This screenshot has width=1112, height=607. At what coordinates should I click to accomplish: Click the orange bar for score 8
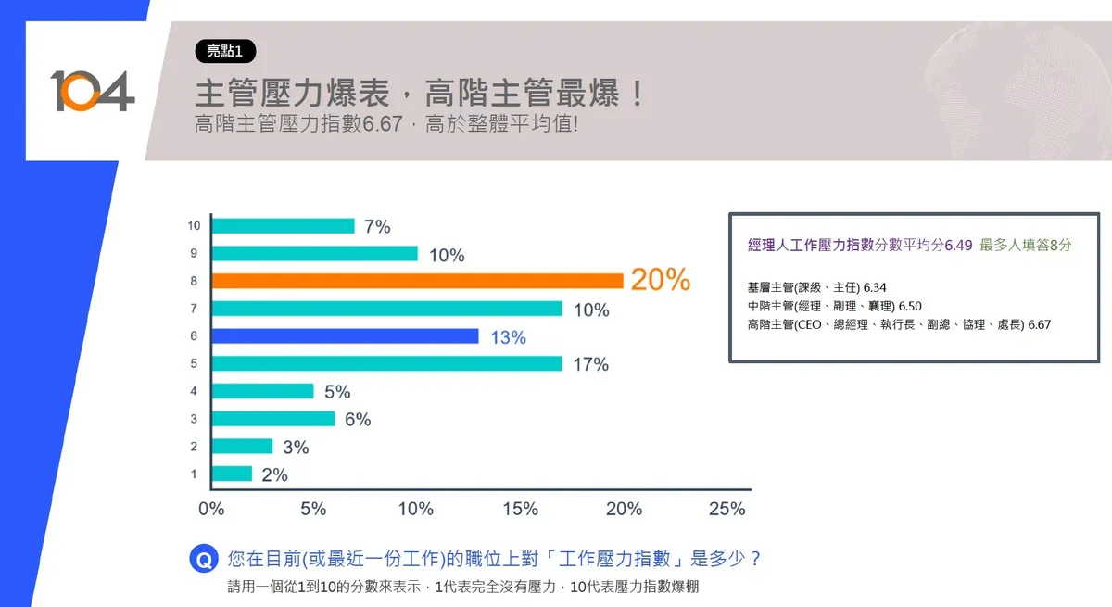[417, 281]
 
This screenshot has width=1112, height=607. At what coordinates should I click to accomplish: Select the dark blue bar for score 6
[345, 336]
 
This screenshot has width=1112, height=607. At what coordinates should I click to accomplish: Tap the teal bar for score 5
[386, 363]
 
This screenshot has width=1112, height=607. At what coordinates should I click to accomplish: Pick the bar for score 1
[232, 474]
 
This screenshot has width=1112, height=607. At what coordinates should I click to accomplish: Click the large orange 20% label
[661, 280]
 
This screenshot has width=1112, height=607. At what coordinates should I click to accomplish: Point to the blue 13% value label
[508, 337]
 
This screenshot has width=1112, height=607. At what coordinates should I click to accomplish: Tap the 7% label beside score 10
[377, 226]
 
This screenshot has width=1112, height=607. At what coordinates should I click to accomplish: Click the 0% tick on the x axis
[212, 509]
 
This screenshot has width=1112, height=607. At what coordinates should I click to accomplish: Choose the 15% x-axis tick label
[520, 509]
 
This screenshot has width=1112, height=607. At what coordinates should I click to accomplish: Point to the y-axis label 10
[194, 225]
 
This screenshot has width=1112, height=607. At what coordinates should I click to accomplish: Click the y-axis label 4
[194, 391]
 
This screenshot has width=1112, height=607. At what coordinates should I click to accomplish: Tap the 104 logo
[92, 91]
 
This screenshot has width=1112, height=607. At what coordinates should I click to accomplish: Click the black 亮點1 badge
[225, 52]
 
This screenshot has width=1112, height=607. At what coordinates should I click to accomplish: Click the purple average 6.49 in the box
[958, 245]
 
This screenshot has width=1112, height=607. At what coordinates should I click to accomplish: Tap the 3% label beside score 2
[296, 447]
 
